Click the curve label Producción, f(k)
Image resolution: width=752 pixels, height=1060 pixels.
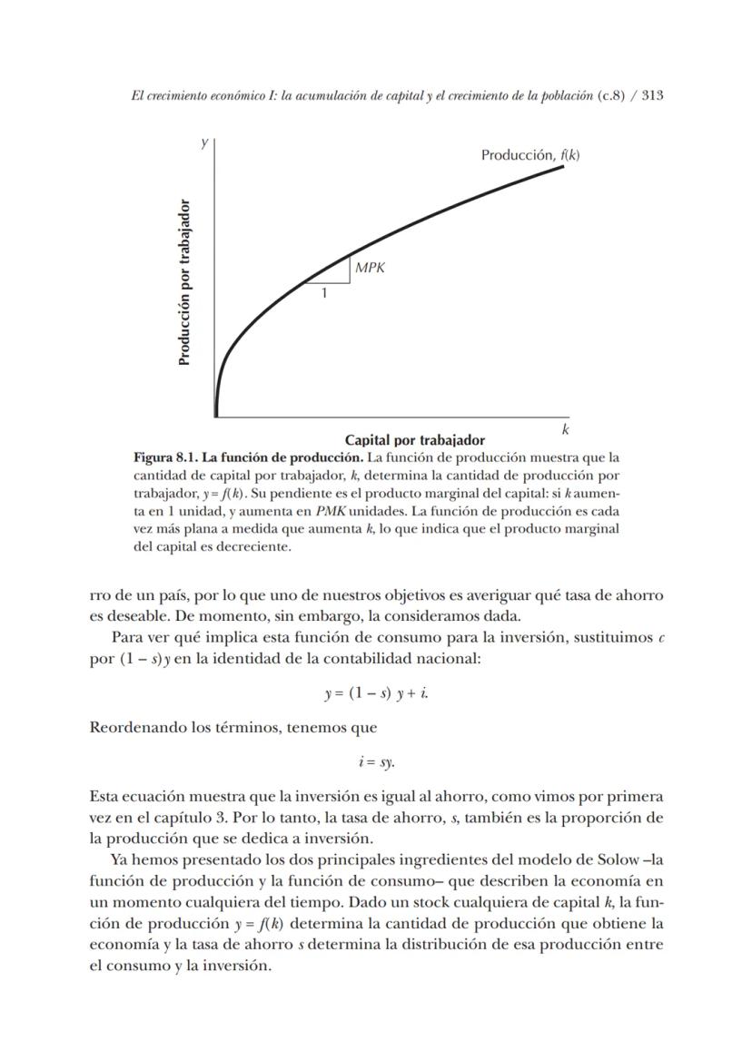click(529, 155)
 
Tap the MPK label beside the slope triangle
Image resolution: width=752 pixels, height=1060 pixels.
click(370, 268)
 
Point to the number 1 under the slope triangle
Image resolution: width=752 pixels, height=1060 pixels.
click(324, 292)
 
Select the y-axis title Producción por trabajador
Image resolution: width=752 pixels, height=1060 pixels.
click(184, 282)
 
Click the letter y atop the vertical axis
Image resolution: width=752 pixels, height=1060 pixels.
click(205, 142)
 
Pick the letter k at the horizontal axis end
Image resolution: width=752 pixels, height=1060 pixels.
click(564, 428)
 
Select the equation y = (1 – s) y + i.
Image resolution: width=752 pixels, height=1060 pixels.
click(376, 694)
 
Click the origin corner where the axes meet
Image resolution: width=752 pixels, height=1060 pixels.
click(216, 417)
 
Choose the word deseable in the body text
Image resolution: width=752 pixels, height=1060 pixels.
click(128, 617)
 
